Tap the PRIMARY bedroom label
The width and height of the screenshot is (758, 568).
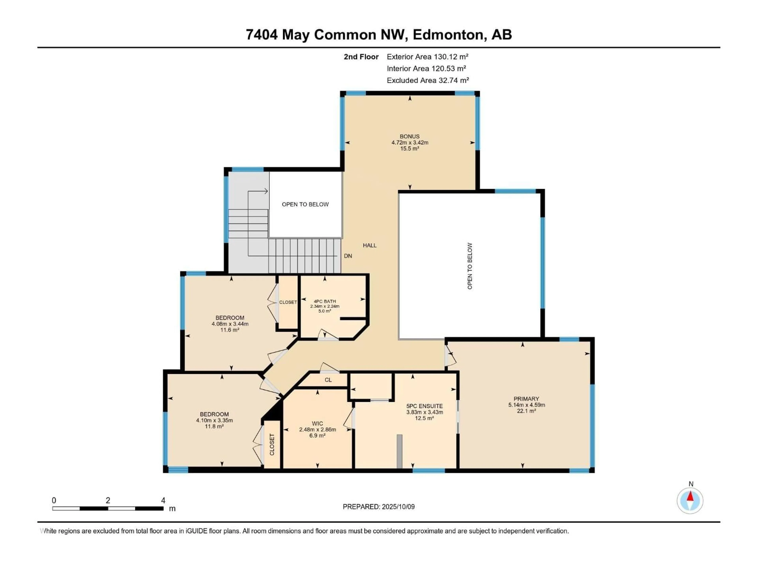526,399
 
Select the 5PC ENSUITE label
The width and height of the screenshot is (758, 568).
425,406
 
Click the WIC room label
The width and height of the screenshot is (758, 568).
317,423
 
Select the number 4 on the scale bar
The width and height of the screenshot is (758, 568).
163,501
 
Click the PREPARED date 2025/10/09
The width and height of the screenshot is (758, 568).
398,507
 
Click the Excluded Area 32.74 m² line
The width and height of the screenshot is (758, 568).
428,80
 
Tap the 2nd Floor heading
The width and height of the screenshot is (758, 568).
361,57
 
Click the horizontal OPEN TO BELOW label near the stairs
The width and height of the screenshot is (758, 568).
305,204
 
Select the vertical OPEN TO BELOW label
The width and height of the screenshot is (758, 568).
470,266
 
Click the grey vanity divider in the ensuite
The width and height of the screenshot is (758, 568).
399,451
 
